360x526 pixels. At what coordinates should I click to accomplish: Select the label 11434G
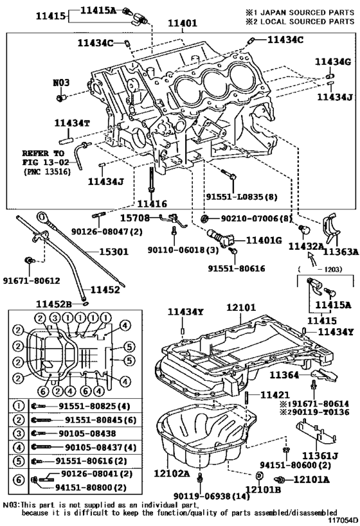pyautogui.click(x=333, y=62)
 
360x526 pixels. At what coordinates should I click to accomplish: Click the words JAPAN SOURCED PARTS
pyautogui.click(x=304, y=12)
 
